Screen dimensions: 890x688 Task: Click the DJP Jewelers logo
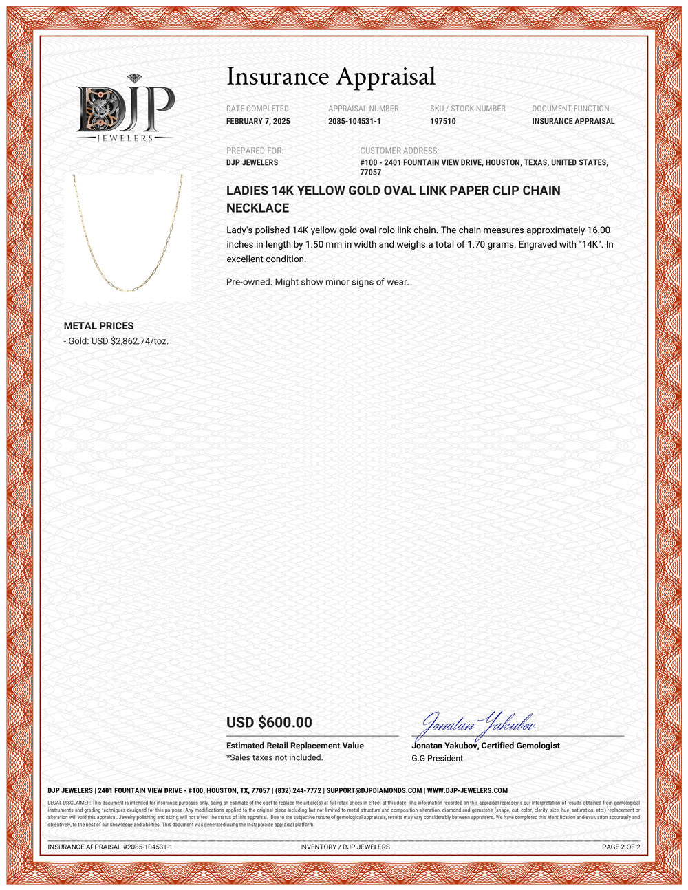(x=125, y=109)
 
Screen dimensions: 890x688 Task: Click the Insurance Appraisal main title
(x=331, y=76)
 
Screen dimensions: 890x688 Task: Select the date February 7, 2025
(x=258, y=122)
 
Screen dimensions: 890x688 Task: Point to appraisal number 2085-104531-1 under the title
(x=354, y=122)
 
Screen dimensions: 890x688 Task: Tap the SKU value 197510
(x=442, y=122)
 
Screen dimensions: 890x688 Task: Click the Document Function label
(x=570, y=109)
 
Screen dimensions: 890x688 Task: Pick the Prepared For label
(x=255, y=151)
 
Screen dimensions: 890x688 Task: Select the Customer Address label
(x=399, y=151)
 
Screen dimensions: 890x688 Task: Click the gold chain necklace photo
(x=128, y=233)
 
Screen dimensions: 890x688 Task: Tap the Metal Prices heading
(x=98, y=326)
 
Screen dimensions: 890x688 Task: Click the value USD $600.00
(x=269, y=723)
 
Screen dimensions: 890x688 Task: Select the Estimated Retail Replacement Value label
(x=295, y=746)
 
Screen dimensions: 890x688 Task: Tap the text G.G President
(x=437, y=758)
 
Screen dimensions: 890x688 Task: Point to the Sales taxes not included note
(x=275, y=757)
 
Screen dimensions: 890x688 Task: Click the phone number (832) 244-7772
(x=298, y=791)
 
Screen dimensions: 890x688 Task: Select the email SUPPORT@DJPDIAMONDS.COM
(x=374, y=791)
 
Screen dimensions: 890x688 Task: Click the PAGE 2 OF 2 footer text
(x=621, y=847)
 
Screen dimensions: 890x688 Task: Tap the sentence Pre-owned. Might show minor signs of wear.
(x=318, y=282)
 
